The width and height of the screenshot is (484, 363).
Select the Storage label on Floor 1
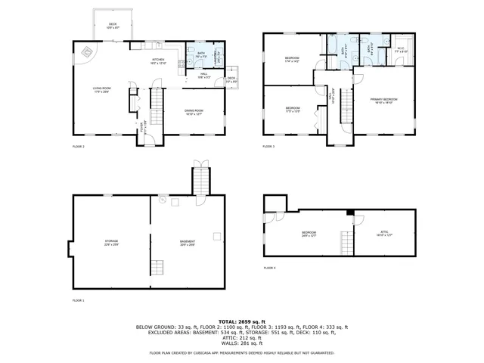point(111,242)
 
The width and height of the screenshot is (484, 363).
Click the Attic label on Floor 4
point(385,234)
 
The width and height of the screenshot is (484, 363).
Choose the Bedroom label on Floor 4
point(309,234)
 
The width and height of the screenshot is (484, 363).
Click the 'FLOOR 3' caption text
point(269,146)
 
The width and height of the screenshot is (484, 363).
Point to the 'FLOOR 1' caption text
point(78,300)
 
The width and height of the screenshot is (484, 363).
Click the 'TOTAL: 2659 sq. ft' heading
point(242,321)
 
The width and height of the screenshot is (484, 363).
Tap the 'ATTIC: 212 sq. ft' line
point(242,338)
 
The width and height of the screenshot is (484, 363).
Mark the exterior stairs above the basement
point(200,181)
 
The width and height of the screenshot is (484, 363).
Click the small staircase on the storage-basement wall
point(158,268)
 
